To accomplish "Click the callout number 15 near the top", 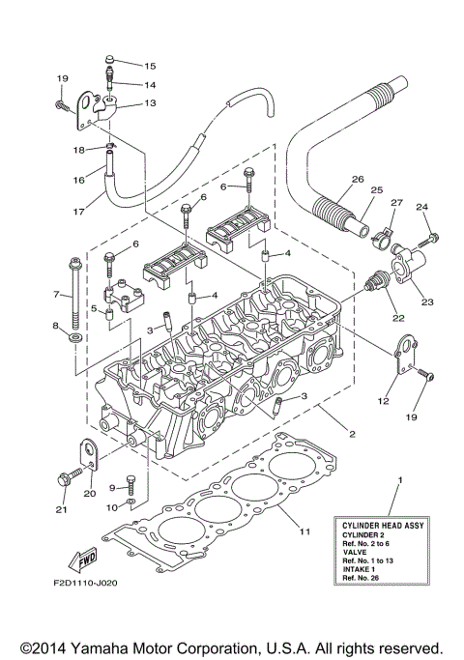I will [150, 66].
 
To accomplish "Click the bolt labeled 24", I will [430, 235].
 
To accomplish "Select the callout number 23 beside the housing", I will [427, 301].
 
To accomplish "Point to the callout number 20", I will [89, 494].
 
